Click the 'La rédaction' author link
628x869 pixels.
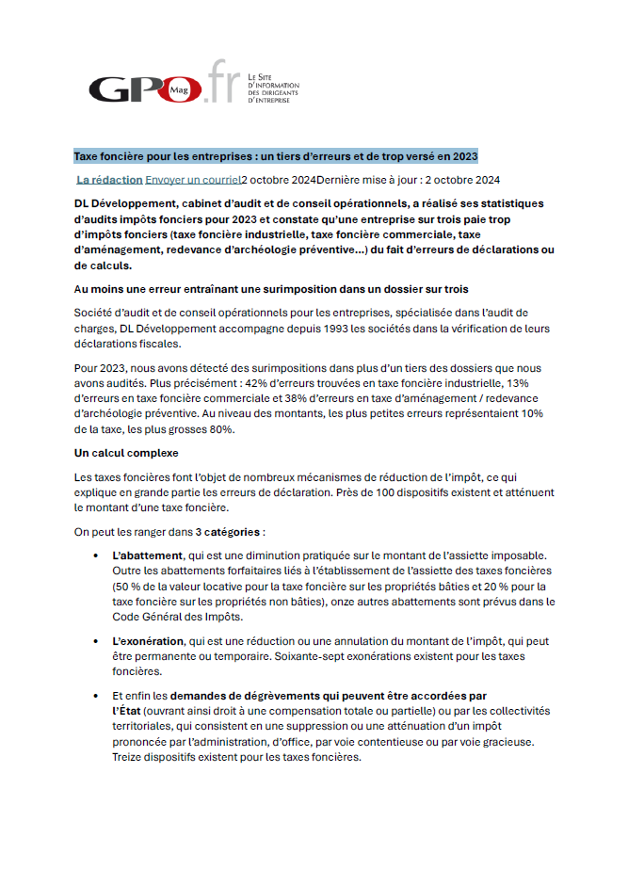(109, 179)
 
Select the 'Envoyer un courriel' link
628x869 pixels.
(193, 179)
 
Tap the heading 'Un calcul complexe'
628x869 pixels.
(127, 453)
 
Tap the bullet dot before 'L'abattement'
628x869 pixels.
(96, 556)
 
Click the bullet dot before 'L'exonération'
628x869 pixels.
(96, 642)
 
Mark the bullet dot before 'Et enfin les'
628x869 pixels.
(96, 697)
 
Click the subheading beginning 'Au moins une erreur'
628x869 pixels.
(271, 288)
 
